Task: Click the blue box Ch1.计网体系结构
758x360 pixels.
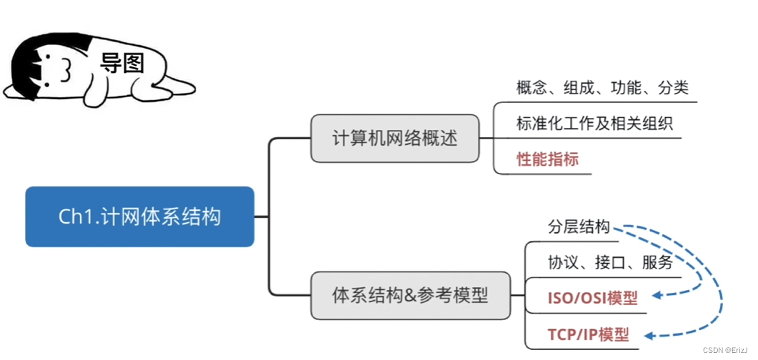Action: click(139, 216)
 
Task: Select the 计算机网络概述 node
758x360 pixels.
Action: click(394, 139)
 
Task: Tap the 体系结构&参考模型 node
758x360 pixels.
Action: click(410, 295)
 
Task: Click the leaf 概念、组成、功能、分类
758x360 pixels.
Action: click(602, 88)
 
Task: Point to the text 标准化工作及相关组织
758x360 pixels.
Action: click(594, 123)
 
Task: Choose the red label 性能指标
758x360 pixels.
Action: click(547, 159)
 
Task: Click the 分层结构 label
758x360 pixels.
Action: click(579, 227)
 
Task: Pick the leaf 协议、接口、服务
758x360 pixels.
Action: click(610, 262)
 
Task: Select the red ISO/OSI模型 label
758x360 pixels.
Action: click(592, 297)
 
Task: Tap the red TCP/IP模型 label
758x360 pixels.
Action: click(589, 334)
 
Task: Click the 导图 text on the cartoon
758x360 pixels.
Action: click(122, 64)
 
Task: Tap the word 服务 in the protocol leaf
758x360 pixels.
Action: click(658, 262)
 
